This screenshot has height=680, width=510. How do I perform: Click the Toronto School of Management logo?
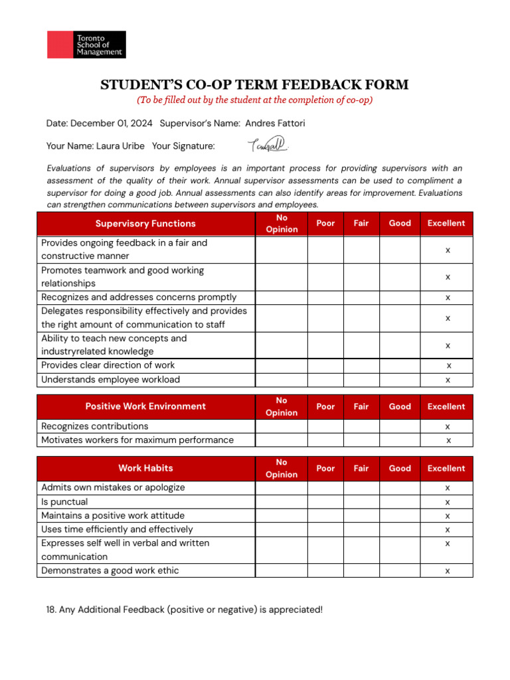[86, 44]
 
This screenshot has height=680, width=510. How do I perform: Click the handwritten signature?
[268, 144]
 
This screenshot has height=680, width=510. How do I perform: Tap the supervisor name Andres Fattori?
[275, 124]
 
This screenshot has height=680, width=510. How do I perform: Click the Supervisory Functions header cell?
[145, 224]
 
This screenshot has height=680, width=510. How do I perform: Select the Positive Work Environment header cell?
[145, 406]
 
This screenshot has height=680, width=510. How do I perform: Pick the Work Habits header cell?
[145, 468]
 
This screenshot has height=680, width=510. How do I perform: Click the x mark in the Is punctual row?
[448, 502]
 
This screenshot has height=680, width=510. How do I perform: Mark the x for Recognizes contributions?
[448, 426]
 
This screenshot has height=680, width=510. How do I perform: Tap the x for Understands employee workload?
[448, 380]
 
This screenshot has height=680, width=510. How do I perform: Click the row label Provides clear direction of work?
[108, 365]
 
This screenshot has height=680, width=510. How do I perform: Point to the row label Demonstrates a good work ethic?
[110, 570]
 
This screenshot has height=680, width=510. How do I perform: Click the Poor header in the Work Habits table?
[325, 468]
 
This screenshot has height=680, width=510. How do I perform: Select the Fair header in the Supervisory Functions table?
[361, 224]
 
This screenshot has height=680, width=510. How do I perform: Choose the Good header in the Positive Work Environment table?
[400, 406]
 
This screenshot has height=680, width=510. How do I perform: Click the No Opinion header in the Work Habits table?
[282, 468]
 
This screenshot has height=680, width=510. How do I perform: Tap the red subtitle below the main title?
[254, 100]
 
